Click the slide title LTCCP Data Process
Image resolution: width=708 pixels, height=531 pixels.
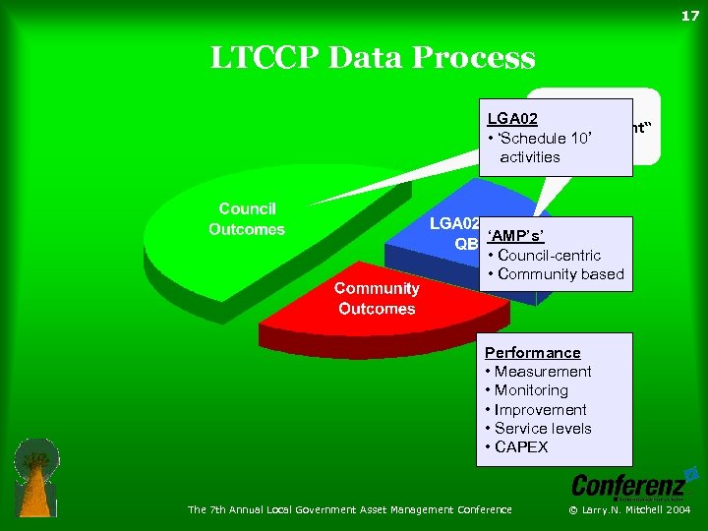pos(373,58)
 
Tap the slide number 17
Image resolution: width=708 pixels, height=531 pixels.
pos(689,16)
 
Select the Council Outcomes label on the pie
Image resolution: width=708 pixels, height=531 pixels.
pos(247,219)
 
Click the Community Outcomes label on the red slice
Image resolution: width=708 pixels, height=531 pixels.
pos(376,298)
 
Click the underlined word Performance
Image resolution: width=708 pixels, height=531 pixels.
pos(533,352)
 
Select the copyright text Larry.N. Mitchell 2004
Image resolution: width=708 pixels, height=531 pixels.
pos(638,509)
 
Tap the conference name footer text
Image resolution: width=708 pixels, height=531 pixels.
pos(350,509)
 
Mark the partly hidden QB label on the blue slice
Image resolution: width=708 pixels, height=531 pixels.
pos(467,244)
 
